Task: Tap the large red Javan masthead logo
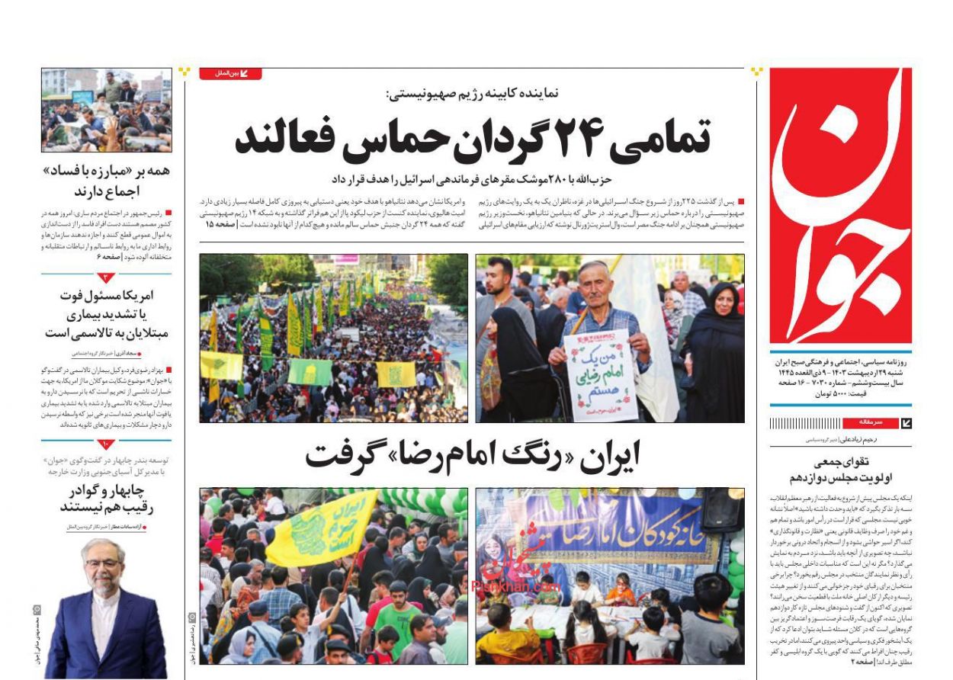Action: coord(840,206)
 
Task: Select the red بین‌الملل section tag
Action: coord(230,74)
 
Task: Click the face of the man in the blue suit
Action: coord(104,568)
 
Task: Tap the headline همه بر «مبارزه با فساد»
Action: coord(106,180)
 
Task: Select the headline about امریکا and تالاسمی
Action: coord(106,313)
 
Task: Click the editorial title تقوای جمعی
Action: coord(840,470)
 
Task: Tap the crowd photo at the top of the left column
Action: coord(106,110)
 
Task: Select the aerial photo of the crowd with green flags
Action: coord(333,338)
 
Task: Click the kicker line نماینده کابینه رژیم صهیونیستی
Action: coord(473,93)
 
